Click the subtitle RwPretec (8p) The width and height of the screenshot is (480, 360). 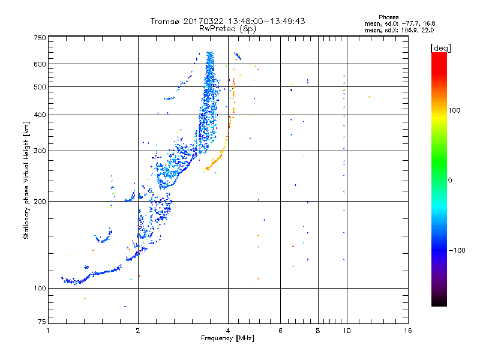click(228, 28)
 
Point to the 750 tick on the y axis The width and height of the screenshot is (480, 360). click(40, 37)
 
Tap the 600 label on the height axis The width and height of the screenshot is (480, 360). click(40, 64)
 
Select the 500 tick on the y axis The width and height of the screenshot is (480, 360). click(40, 87)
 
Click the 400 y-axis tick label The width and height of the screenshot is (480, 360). click(40, 115)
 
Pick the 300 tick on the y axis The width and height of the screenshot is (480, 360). click(40, 151)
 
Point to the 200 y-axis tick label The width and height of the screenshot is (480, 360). click(40, 202)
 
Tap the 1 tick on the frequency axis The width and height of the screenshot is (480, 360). click(48, 331)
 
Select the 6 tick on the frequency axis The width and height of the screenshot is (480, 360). click(280, 331)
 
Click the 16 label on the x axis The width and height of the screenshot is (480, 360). click(407, 331)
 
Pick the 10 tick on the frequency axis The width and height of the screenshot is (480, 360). click(346, 331)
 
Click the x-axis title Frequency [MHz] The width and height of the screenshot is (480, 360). click(228, 338)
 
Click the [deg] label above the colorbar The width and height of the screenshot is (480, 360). click(439, 47)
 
